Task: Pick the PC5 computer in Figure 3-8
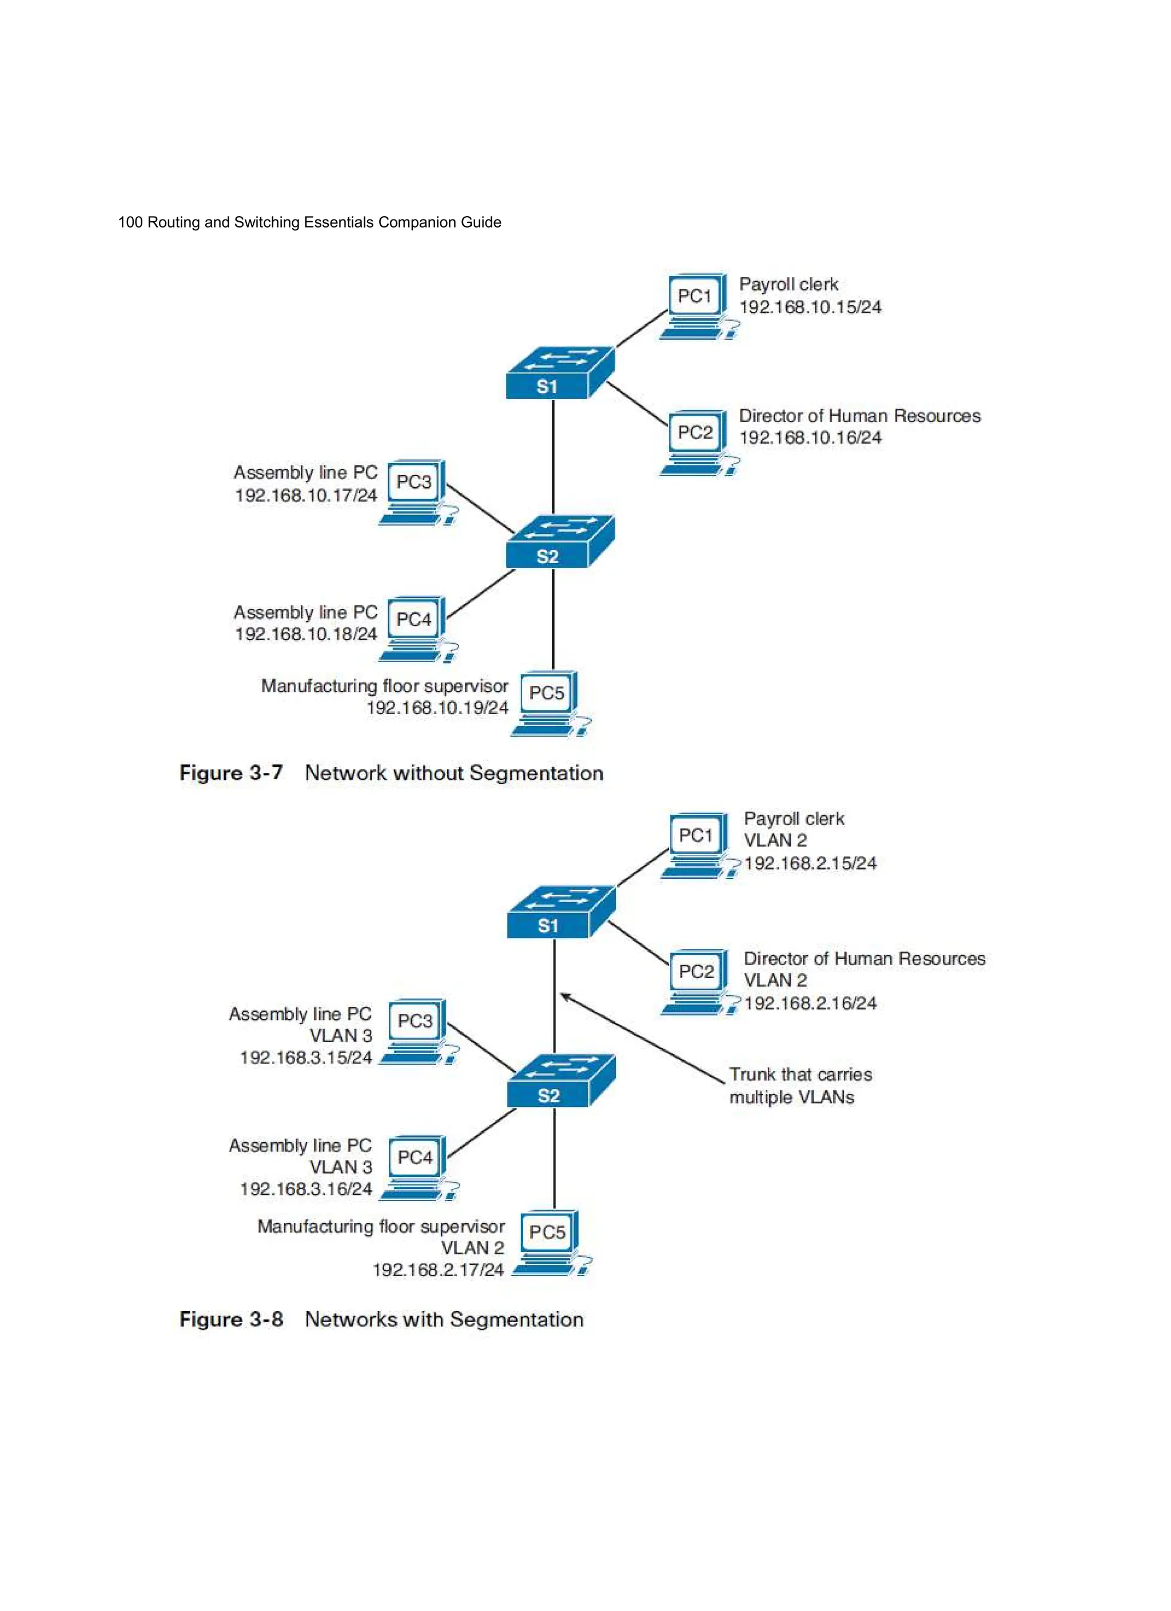coord(548,1241)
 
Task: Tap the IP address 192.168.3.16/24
coord(305,1189)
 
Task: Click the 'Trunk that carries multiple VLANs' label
coord(799,1086)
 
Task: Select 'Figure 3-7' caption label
coord(231,773)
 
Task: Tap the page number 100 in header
coord(130,222)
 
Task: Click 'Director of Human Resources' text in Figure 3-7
coord(859,416)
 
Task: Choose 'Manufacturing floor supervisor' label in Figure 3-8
coord(381,1227)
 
